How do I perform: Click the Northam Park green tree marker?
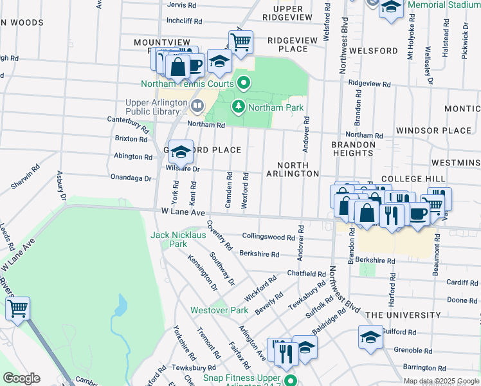tap(239, 107)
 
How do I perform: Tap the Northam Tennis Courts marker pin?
tap(244, 83)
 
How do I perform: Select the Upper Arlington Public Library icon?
tap(197, 105)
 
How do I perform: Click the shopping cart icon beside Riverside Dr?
tap(17, 308)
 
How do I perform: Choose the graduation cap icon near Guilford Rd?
tap(370, 337)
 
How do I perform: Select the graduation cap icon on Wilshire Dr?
tap(181, 152)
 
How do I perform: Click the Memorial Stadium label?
tap(444, 5)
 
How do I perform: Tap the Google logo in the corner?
tap(21, 378)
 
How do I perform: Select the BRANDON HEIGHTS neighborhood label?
tap(353, 149)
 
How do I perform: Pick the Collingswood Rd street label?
tap(268, 237)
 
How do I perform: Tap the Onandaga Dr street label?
tap(131, 178)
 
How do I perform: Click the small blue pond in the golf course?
tap(120, 304)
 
